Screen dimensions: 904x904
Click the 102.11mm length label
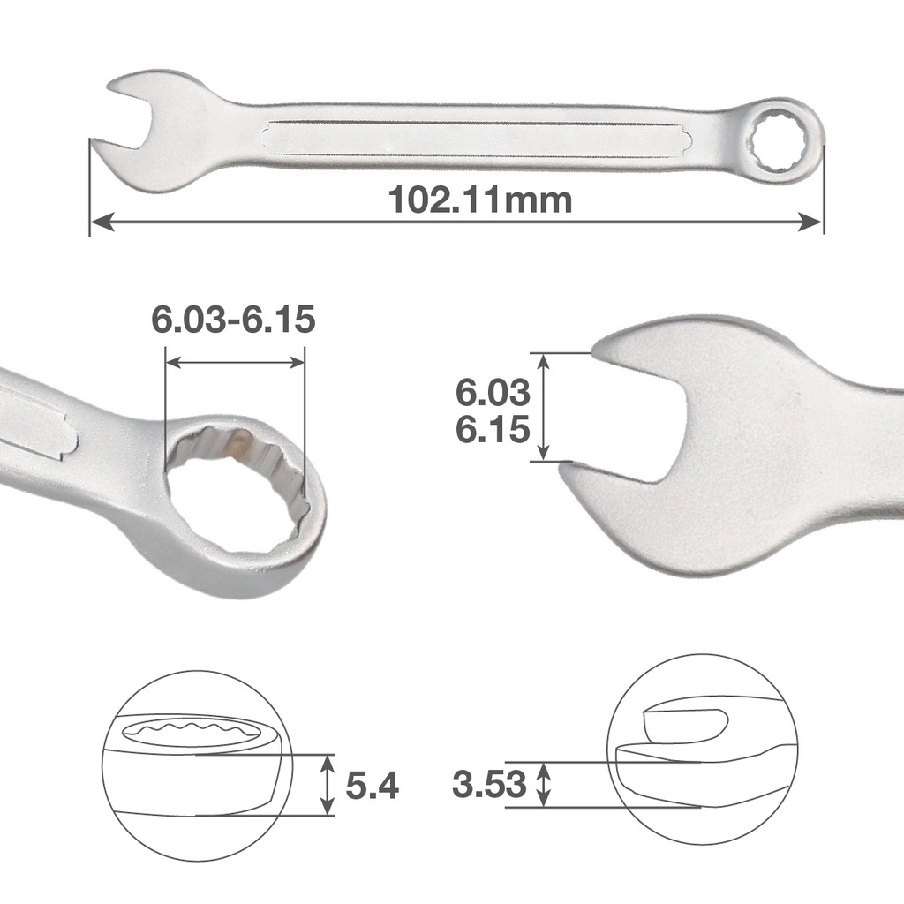pyautogui.click(x=480, y=200)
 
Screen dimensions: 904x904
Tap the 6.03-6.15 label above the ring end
pyautogui.click(x=233, y=320)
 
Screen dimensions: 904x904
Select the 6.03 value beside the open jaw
pyautogui.click(x=493, y=391)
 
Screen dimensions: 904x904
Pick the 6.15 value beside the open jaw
pyautogui.click(x=493, y=430)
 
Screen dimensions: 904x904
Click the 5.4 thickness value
pyautogui.click(x=372, y=785)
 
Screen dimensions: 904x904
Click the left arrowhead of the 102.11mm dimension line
pyautogui.click(x=100, y=222)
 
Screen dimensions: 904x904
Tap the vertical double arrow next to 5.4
pyautogui.click(x=328, y=784)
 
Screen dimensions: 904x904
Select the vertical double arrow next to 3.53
pyautogui.click(x=545, y=784)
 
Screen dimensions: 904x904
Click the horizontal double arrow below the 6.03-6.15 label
pyautogui.click(x=235, y=362)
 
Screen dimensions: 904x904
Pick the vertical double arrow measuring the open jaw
pyautogui.click(x=544, y=406)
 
